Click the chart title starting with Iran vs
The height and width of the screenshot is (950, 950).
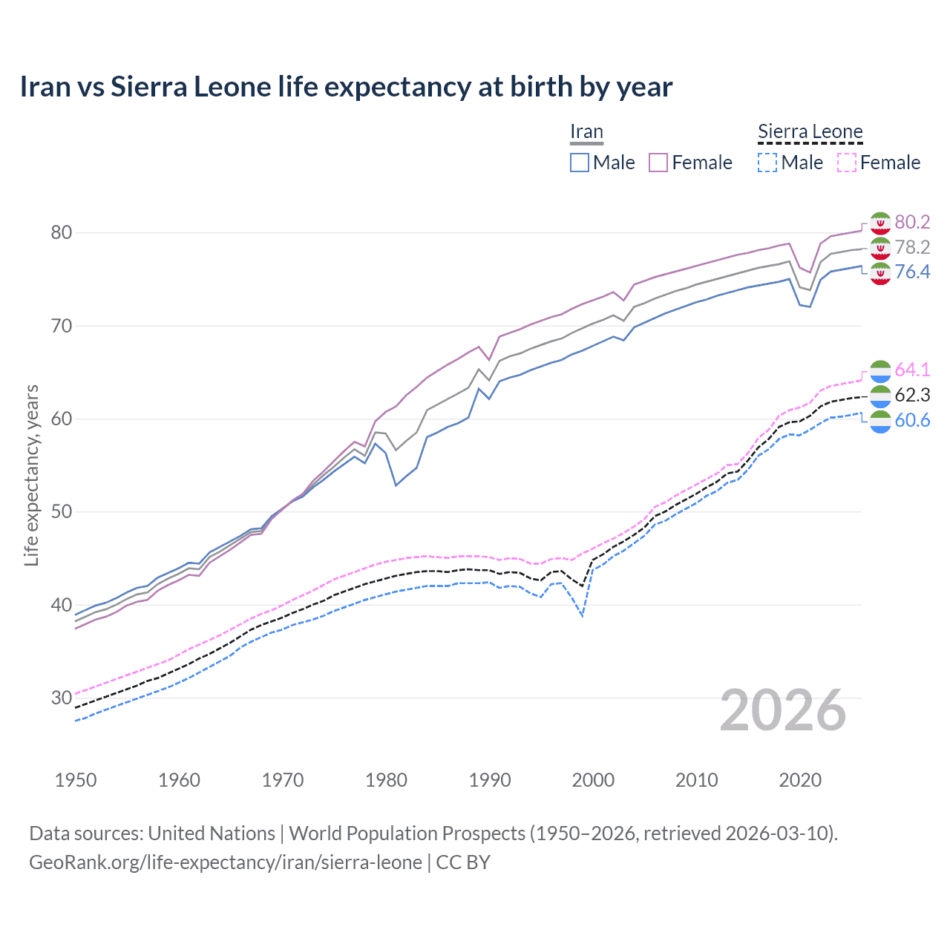point(346,87)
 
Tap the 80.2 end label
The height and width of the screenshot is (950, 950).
point(912,222)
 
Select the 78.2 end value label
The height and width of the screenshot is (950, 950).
point(912,247)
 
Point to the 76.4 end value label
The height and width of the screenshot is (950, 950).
point(912,272)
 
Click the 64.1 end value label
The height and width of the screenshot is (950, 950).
point(912,370)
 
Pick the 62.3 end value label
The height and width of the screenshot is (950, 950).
point(912,395)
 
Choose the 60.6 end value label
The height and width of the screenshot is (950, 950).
point(912,420)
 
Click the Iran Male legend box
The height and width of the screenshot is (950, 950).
point(580,163)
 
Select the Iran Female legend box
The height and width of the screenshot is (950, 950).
point(658,163)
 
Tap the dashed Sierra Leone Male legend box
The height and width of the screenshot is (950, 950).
point(767,163)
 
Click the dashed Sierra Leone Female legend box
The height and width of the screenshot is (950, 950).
point(847,163)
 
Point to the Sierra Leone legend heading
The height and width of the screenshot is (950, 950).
point(810,131)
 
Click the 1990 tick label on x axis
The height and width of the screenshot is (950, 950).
point(490,780)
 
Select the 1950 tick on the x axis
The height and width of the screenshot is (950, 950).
point(76,780)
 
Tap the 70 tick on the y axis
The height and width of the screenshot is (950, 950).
point(61,326)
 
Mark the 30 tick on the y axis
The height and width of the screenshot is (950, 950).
point(61,698)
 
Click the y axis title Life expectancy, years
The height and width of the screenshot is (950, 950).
point(31,475)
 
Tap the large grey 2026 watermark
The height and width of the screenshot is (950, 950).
point(783,710)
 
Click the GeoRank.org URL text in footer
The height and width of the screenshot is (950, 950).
point(226,862)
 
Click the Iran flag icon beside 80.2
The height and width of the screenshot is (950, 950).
point(880,223)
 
